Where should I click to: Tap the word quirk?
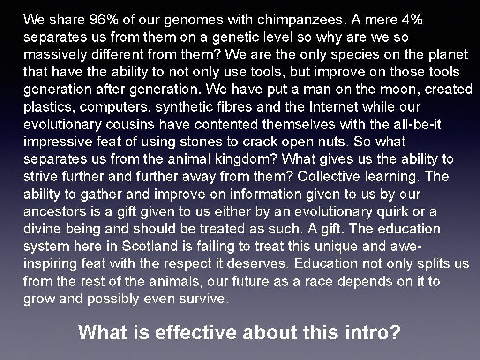[397, 211]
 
